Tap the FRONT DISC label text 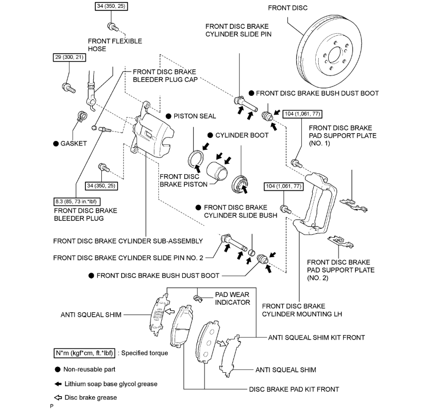pos(287,8)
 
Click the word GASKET pos(74,143)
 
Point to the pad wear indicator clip pos(199,298)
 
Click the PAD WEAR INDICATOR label pos(232,298)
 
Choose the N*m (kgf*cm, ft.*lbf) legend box pos(84,354)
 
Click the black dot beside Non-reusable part pos(58,369)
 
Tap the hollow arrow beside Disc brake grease pos(58,397)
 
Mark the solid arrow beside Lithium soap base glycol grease pos(58,384)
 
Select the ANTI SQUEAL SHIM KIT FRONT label pos(316,338)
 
